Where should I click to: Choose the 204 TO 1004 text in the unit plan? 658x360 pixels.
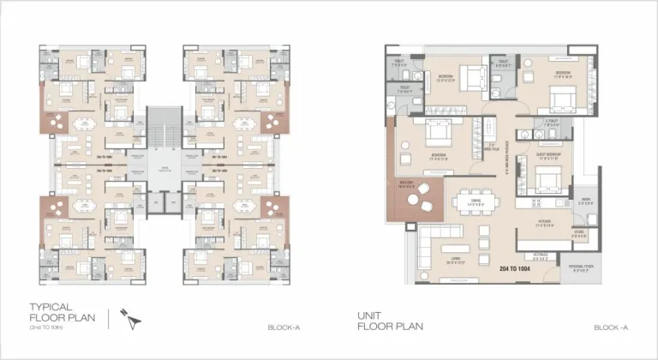tap(515, 268)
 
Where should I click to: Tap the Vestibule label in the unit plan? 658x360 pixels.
tap(541, 255)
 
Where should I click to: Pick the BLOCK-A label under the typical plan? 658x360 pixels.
tap(283, 327)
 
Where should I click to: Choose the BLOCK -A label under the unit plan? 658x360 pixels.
tap(611, 327)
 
